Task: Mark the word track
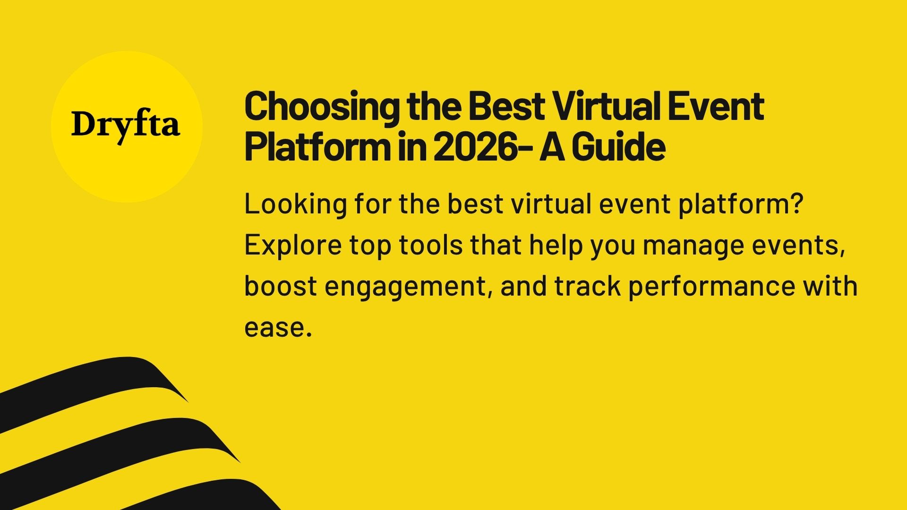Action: [587, 286]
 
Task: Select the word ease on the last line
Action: [274, 327]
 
